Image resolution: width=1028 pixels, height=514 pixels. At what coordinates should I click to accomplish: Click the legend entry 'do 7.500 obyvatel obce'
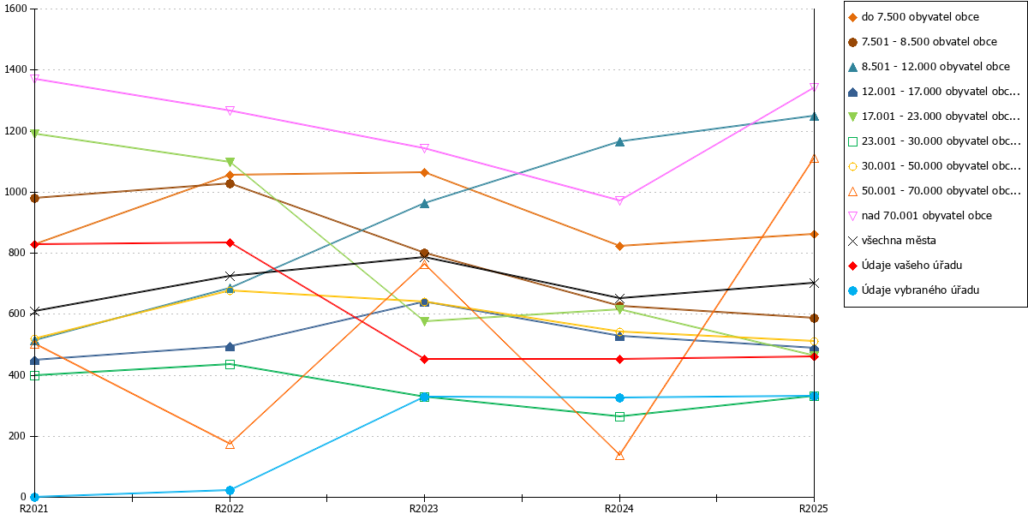(x=914, y=17)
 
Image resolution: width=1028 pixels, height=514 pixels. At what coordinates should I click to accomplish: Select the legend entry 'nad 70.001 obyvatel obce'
(x=920, y=216)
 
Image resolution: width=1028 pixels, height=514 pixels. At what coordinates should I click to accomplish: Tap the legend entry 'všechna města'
(x=892, y=241)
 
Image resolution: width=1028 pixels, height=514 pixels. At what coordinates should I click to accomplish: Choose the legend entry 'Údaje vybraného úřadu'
(x=914, y=290)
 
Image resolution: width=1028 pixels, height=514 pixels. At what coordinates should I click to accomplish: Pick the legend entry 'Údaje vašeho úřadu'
(x=905, y=266)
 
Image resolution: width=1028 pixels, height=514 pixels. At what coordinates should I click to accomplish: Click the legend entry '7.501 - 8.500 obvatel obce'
(x=923, y=42)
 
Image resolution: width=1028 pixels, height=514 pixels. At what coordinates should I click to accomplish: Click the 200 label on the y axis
(x=17, y=436)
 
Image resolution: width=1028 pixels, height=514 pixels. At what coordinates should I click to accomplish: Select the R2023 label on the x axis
(x=423, y=508)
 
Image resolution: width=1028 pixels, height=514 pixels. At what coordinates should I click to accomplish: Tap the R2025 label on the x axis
(x=814, y=508)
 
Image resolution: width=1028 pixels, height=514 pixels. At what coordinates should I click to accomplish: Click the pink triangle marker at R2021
(x=34, y=79)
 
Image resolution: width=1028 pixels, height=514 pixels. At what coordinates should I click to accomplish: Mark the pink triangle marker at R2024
(x=619, y=201)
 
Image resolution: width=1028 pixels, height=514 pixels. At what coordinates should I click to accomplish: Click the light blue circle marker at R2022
(x=230, y=491)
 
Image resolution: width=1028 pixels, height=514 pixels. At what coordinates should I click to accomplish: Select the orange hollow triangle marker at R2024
(x=619, y=455)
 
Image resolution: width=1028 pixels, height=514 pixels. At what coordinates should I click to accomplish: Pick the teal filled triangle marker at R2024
(x=619, y=142)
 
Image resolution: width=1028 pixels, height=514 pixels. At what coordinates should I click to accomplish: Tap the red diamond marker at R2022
(x=230, y=242)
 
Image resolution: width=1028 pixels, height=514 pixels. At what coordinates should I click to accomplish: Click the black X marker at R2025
(x=814, y=284)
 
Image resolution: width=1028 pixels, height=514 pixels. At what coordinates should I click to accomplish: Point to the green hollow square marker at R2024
(x=619, y=416)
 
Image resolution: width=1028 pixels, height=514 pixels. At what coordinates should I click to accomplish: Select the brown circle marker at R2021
(x=34, y=198)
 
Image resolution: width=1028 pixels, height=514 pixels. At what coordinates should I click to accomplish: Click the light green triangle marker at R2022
(x=230, y=162)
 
